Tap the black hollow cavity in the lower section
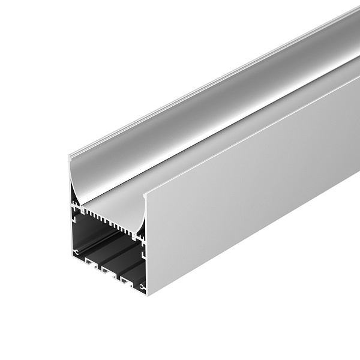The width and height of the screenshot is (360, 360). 108,240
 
